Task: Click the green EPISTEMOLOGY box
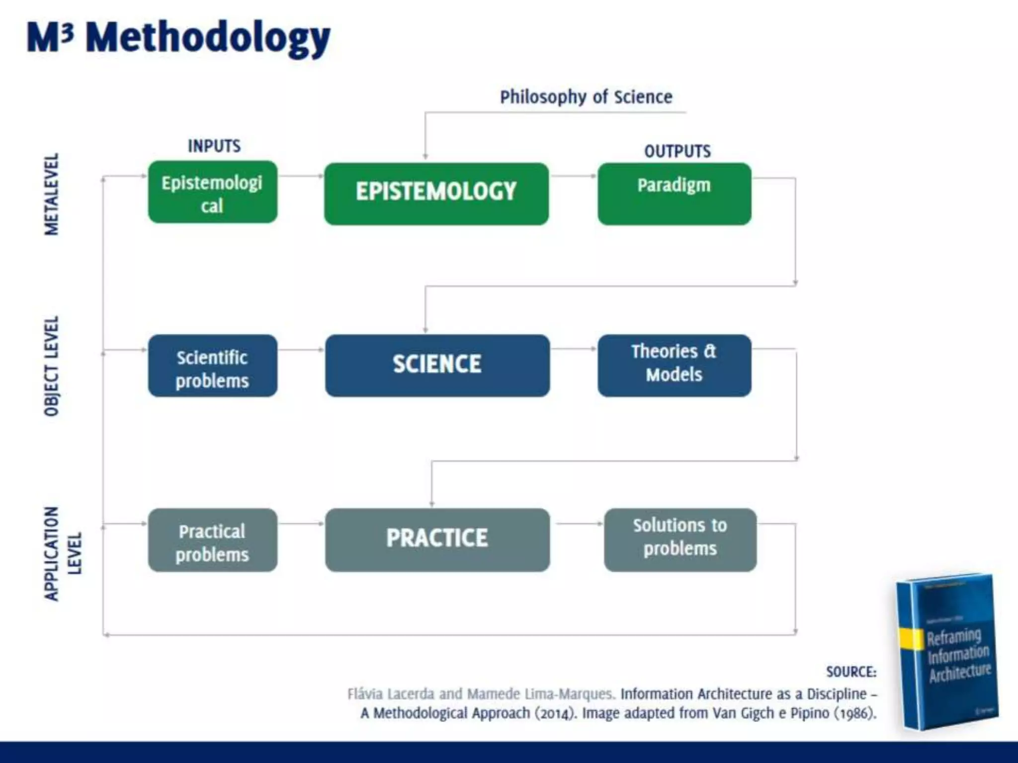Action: point(436,194)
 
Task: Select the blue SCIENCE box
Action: point(437,365)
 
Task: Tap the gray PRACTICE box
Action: point(437,539)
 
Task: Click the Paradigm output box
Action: point(674,194)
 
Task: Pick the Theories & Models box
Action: point(674,365)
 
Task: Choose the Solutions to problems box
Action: point(680,539)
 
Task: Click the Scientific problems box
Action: point(213,365)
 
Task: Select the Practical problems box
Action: point(213,539)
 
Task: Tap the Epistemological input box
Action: point(213,192)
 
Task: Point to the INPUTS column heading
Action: point(214,146)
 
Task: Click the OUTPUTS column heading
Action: point(677,151)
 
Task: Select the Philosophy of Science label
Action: point(586,97)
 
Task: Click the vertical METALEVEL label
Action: point(52,194)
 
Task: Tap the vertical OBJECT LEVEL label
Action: point(52,366)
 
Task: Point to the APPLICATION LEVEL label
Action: point(62,553)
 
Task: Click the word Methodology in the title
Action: point(208,39)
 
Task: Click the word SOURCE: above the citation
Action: point(851,672)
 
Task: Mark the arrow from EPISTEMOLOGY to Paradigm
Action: point(573,176)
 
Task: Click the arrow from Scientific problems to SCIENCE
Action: point(301,350)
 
